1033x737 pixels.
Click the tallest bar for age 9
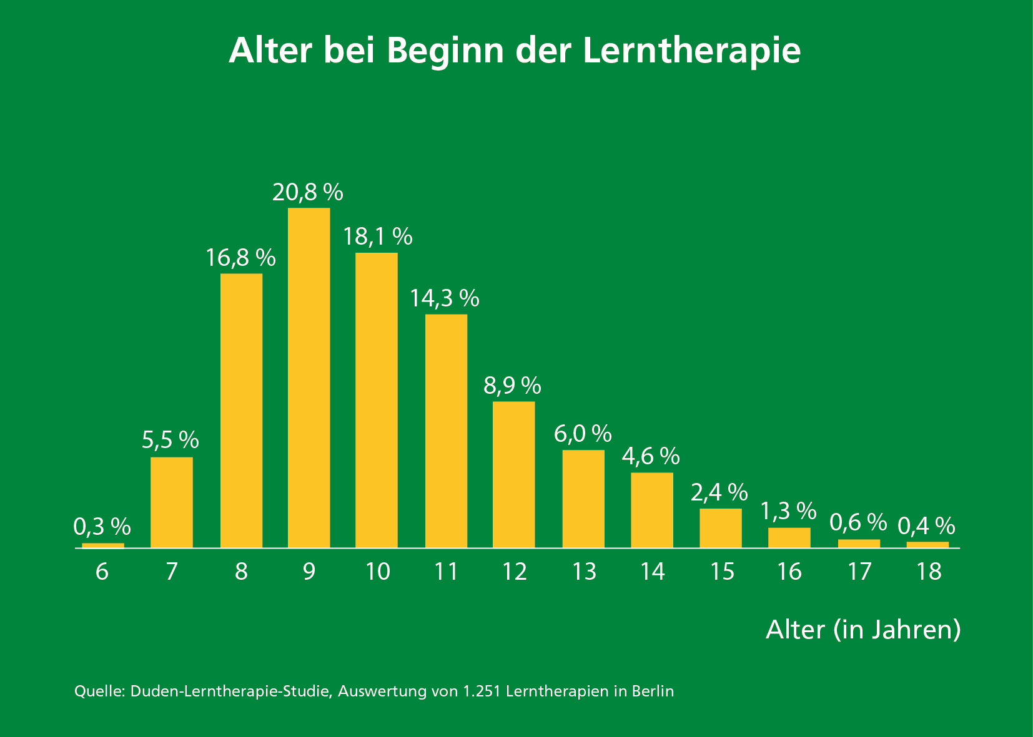(309, 378)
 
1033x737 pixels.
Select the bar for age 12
(513, 474)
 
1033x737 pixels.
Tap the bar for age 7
(172, 502)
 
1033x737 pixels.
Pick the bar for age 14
(652, 510)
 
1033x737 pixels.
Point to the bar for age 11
(446, 431)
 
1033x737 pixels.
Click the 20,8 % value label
(308, 192)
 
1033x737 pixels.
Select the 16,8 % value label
(241, 257)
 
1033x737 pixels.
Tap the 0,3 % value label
(102, 527)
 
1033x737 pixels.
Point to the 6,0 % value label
(583, 433)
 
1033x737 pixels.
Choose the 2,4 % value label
(719, 492)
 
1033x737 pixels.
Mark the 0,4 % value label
(926, 526)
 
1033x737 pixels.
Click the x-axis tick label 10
(377, 572)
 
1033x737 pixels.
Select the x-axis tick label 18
(929, 572)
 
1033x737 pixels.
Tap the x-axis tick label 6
(102, 572)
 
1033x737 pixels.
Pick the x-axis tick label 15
(722, 572)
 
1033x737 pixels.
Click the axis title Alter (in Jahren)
(863, 630)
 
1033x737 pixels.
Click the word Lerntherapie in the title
(691, 50)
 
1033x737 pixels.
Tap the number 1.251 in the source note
(482, 691)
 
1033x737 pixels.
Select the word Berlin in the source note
(653, 691)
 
